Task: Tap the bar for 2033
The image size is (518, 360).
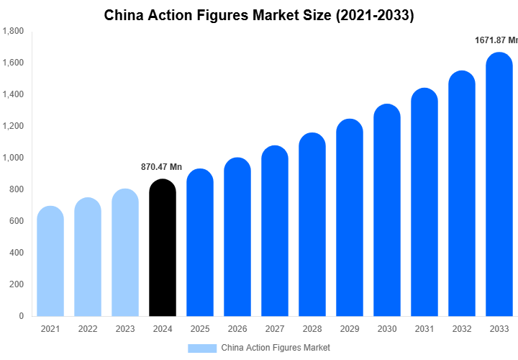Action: tap(499, 184)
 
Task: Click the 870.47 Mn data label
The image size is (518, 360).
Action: tap(161, 167)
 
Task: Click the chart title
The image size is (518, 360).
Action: tap(259, 14)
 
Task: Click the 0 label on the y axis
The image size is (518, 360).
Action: tap(21, 316)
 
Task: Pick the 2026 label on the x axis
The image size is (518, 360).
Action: tap(237, 329)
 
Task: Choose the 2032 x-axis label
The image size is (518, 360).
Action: tap(462, 329)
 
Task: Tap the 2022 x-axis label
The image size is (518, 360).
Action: tap(88, 329)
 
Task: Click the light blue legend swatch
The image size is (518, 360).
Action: tap(202, 348)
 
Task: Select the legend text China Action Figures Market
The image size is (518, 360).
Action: tap(276, 348)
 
